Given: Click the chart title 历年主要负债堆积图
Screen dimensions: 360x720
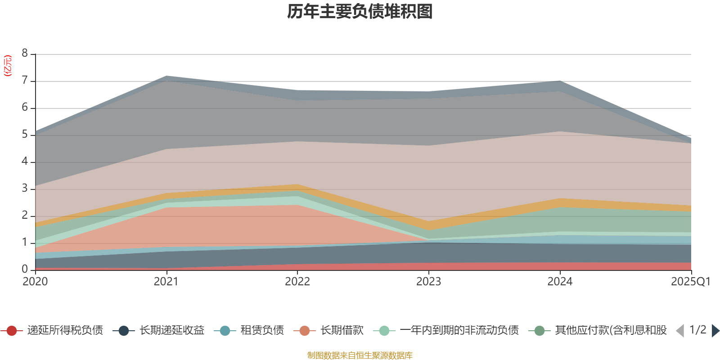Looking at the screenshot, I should tap(360, 12).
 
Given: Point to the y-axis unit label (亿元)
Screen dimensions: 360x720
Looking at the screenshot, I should tap(8, 66).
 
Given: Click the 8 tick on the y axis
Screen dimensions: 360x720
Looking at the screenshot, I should tap(25, 54).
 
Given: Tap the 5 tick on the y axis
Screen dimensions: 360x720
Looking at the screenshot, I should tap(25, 135).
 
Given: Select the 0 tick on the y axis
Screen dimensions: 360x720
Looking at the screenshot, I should tap(25, 269).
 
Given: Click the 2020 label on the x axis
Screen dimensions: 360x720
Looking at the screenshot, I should tap(35, 282).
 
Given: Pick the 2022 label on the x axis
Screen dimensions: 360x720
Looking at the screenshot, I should tap(297, 282).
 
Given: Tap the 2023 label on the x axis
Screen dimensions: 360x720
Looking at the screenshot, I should tap(428, 282).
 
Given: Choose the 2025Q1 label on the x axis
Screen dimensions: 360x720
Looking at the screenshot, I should tap(690, 282).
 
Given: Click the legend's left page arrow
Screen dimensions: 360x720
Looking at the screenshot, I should tap(680, 331).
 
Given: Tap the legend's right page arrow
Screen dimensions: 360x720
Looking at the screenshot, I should tap(715, 331).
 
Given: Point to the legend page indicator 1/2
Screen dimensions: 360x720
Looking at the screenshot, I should tap(697, 330).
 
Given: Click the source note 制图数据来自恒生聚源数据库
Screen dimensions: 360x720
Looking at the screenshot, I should tap(360, 355).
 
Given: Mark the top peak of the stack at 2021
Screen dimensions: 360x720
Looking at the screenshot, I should tap(166, 76).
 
